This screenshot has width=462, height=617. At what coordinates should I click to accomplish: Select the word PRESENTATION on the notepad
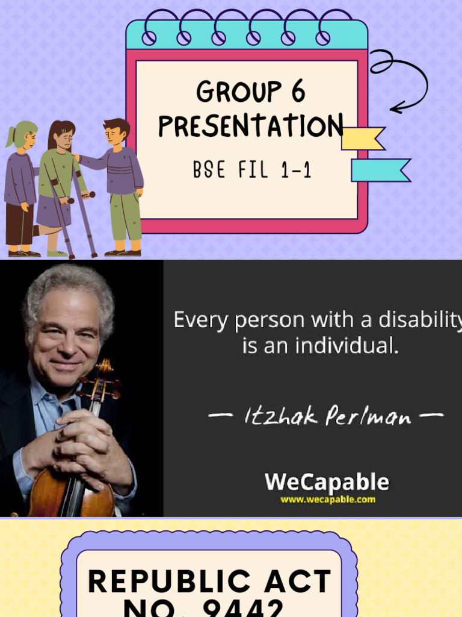[x=251, y=127]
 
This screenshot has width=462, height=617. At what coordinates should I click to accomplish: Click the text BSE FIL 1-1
[x=252, y=171]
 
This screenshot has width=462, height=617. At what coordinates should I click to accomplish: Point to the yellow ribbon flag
[x=362, y=139]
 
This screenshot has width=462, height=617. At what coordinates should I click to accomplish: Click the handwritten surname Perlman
[x=368, y=416]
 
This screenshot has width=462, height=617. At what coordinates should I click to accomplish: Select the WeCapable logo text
[x=327, y=482]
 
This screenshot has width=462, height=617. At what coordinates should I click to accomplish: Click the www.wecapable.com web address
[x=327, y=499]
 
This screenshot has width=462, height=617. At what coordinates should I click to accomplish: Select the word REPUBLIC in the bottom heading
[x=160, y=582]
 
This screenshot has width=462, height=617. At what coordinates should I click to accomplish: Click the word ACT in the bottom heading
[x=293, y=582]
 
